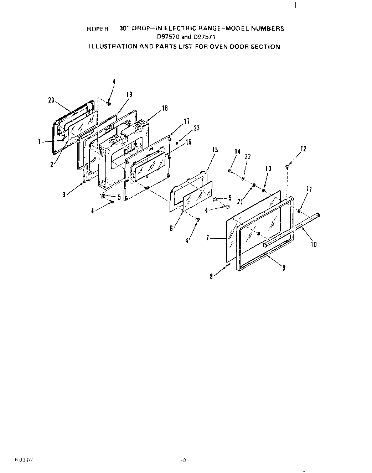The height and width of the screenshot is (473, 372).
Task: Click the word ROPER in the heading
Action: (98, 29)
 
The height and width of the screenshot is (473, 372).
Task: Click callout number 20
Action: (51, 100)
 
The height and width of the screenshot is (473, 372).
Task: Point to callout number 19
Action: (129, 94)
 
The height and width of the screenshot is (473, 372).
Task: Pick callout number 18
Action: (165, 108)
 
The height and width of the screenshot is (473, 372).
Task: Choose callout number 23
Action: (196, 128)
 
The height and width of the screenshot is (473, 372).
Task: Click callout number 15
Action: (215, 150)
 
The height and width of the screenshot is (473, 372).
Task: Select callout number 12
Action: (303, 149)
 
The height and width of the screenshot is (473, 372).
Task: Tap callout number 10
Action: (314, 244)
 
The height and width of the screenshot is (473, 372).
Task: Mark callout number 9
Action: (284, 268)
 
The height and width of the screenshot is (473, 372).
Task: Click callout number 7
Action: (207, 238)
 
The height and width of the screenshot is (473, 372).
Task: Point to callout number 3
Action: (64, 195)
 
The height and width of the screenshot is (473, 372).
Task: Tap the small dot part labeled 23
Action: (177, 143)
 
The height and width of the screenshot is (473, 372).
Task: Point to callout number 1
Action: (39, 142)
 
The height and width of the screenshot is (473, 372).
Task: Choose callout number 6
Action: (172, 228)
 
